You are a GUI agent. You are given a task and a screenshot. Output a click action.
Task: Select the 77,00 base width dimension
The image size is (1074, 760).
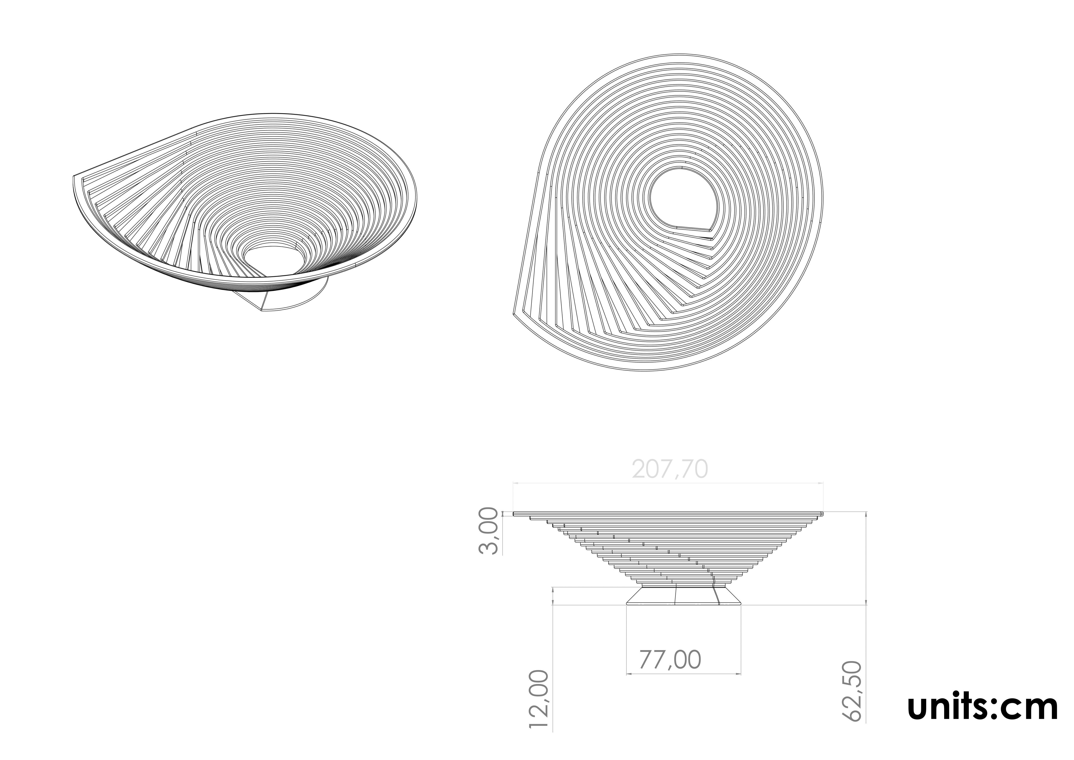click(670, 660)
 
